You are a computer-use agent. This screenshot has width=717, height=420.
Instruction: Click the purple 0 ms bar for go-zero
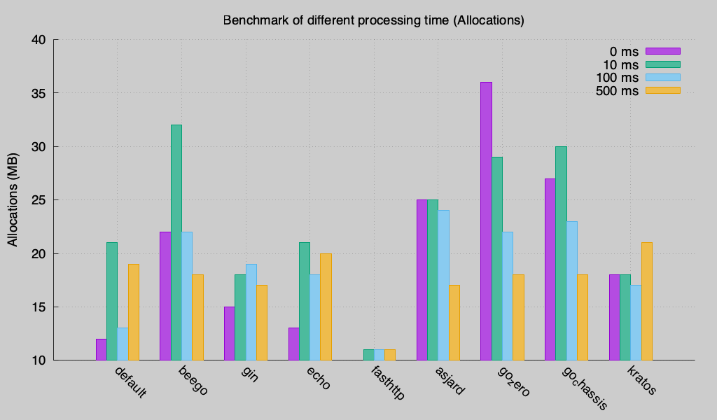click(486, 221)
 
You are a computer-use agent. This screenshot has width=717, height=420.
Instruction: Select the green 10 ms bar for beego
click(176, 242)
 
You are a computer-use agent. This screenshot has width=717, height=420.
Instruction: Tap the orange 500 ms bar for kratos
click(646, 301)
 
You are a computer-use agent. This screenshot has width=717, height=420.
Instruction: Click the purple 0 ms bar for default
click(102, 349)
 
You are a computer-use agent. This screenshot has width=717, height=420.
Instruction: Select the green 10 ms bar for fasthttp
click(369, 355)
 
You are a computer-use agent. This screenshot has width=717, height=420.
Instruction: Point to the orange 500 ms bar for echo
click(326, 307)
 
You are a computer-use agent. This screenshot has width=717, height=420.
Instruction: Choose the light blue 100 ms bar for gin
click(251, 312)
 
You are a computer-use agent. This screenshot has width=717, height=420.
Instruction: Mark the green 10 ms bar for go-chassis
click(561, 253)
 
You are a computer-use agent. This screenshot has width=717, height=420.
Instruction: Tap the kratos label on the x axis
click(642, 379)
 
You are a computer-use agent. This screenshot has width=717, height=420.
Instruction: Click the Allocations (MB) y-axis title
click(13, 200)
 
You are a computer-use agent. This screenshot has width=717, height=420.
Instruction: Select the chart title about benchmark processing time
click(373, 20)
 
